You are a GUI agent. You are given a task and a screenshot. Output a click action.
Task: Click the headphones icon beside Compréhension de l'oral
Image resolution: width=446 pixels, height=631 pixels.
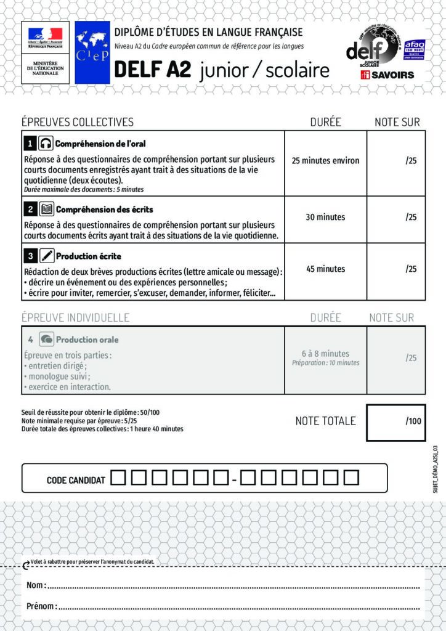coord(46,144)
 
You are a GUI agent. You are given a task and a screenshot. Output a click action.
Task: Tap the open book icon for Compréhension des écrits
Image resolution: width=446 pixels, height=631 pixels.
coord(46,210)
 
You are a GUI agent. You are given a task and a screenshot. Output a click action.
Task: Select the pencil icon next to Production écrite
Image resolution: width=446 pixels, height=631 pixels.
coord(47,256)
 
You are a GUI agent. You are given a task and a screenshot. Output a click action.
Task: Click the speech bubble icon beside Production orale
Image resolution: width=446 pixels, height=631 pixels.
coord(46,340)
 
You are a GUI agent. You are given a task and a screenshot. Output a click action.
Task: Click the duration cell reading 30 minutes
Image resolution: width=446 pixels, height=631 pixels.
coord(325,217)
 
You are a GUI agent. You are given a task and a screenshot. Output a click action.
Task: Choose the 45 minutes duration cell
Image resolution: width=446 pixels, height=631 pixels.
coord(325,269)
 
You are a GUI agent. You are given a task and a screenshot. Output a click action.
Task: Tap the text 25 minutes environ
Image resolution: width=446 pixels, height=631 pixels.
coord(325,161)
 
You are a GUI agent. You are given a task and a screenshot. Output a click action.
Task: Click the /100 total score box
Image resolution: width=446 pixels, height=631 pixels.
coord(395,422)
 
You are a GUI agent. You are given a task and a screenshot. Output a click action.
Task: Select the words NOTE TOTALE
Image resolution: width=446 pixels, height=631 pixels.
coord(325,421)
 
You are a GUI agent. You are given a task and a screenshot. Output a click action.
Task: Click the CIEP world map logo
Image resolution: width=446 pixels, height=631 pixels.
coord(92,52)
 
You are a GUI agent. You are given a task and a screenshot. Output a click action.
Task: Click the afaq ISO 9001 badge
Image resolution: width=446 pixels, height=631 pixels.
coord(415,49)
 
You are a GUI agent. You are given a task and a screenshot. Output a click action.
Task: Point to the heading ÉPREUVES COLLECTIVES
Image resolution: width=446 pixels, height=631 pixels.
coord(78,122)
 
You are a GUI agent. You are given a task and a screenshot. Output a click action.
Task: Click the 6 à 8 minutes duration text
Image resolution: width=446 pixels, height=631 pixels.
coord(325,354)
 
